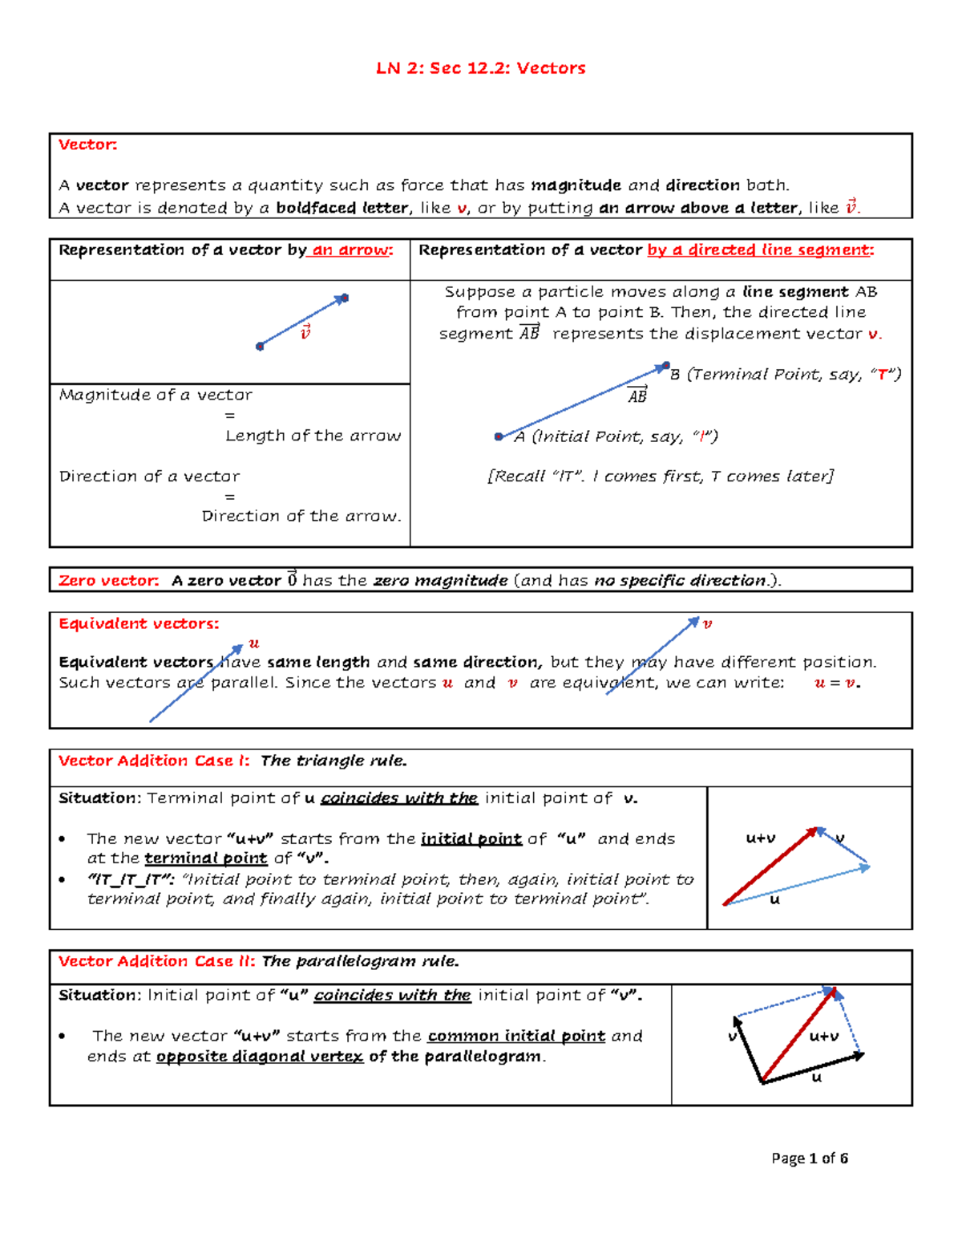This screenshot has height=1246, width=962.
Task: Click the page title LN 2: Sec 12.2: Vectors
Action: click(481, 68)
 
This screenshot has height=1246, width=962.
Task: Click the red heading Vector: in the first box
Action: click(87, 144)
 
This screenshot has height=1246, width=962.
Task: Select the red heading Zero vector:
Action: click(109, 580)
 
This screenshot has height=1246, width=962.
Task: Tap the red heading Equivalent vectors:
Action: click(139, 623)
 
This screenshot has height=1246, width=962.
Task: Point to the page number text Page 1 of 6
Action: click(809, 1158)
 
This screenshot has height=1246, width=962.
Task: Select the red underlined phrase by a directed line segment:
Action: click(760, 250)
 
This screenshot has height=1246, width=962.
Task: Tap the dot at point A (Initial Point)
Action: click(499, 436)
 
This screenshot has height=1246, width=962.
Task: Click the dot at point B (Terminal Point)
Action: click(665, 366)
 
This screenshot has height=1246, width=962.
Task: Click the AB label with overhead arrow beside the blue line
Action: click(637, 395)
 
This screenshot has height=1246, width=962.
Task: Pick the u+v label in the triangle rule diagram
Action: click(760, 838)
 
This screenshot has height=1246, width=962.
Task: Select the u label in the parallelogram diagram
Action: click(817, 1078)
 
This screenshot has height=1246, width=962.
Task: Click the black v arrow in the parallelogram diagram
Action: click(748, 1051)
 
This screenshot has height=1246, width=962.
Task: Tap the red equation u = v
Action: click(837, 684)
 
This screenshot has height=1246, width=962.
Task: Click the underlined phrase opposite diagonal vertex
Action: click(259, 1057)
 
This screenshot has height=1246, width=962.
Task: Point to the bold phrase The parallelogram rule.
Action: click(360, 961)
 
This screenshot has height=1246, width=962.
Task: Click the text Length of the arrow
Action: click(313, 436)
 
